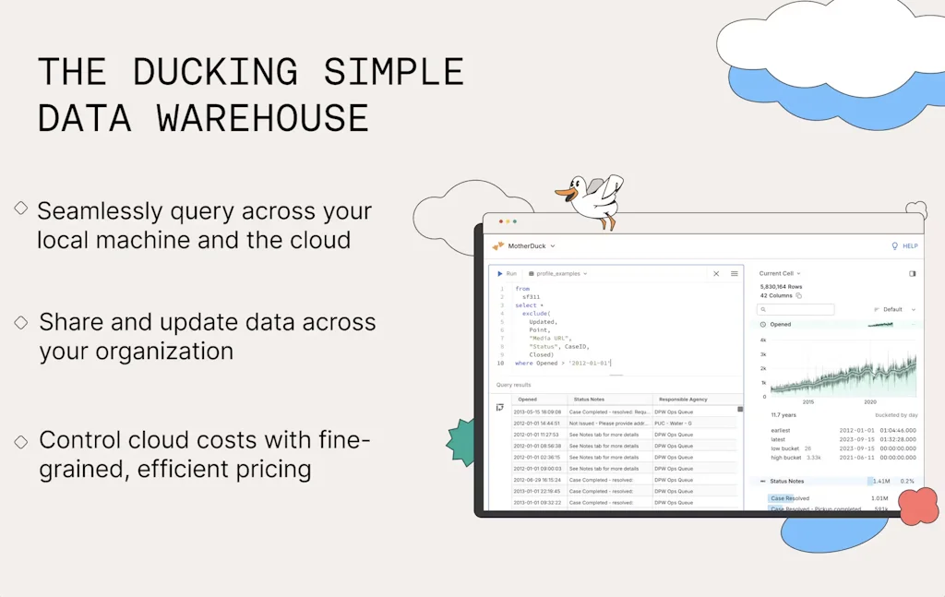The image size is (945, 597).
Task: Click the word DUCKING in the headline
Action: click(x=215, y=72)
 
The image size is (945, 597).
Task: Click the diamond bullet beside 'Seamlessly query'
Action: click(x=20, y=209)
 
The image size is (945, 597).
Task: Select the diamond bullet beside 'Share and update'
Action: click(x=20, y=321)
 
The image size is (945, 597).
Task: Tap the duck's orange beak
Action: click(x=562, y=193)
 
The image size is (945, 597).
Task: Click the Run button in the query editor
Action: click(x=507, y=273)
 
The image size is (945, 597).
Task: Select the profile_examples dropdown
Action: click(x=557, y=273)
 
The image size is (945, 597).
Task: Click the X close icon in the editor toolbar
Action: click(x=716, y=273)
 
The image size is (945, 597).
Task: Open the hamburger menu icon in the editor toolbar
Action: click(x=735, y=273)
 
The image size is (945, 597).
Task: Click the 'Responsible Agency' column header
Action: click(x=683, y=400)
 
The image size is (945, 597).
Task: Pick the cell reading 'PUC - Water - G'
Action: click(x=674, y=423)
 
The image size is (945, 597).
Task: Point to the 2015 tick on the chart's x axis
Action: click(x=807, y=402)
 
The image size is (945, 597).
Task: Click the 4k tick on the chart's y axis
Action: click(x=763, y=340)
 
